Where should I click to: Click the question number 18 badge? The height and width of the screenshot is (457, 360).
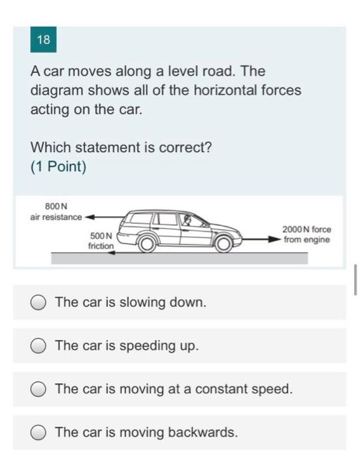tap(44, 40)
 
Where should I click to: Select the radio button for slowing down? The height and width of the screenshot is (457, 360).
tap(39, 302)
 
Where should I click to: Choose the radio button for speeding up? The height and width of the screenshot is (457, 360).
tap(39, 345)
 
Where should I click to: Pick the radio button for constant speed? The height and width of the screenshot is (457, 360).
tap(39, 389)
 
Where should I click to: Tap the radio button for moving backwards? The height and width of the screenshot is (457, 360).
tap(39, 432)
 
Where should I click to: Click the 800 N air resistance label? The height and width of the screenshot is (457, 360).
tap(56, 212)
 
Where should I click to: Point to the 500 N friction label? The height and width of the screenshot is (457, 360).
tap(101, 240)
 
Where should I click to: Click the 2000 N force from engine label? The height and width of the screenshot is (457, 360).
tap(306, 234)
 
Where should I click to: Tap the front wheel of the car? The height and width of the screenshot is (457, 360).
tap(223, 244)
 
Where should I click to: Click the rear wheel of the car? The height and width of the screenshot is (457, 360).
tap(148, 244)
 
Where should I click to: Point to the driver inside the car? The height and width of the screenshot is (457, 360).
tap(188, 222)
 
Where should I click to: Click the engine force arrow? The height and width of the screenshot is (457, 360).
tap(261, 239)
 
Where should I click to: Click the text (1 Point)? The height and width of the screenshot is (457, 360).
tap(58, 166)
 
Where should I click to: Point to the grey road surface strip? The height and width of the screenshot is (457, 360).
tap(180, 259)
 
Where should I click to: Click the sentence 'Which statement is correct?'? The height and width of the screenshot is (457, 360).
tap(121, 148)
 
